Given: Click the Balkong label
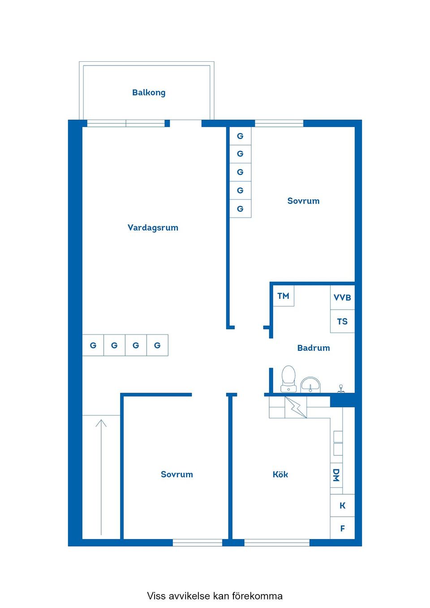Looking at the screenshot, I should pos(149,93).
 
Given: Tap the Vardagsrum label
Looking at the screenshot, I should pos(153,227).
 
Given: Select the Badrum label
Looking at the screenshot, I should pos(314,348).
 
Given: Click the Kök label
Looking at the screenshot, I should pos(280,475).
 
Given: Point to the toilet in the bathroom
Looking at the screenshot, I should pos(288,379).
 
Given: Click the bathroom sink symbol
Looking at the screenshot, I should pos(310,385).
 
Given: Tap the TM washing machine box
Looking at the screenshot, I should pos(284,296).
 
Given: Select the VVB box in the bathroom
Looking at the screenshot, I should pos(342,298).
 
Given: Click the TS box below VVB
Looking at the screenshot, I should pos(342,321).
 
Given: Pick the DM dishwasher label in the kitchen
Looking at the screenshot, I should pos(336,475).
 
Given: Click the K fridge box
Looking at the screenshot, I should pos(342,505).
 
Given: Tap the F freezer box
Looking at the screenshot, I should pos(342,529).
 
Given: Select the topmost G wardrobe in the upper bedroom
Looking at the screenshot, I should pos(240,136).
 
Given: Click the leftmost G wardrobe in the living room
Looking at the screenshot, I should pos(93,345).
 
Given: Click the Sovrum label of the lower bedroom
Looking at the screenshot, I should pos(177,475).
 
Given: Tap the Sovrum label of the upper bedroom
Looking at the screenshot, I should pos(303,201).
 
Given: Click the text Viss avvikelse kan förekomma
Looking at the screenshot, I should pos(215,596).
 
